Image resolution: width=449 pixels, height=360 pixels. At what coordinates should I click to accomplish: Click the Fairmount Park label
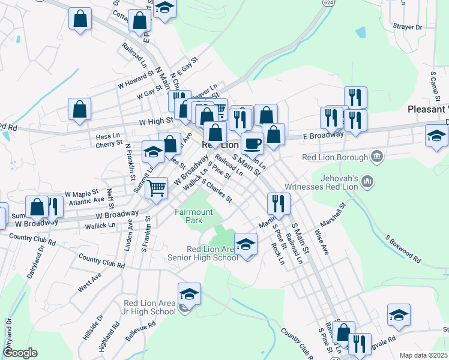[x=193, y=216]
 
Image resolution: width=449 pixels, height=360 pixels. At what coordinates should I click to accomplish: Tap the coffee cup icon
[x=252, y=143]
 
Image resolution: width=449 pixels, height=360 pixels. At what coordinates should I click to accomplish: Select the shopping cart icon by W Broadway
[x=157, y=187]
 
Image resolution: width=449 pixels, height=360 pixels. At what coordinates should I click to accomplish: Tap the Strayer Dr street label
[x=408, y=27]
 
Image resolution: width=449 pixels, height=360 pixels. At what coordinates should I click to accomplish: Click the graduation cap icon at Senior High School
[x=246, y=244]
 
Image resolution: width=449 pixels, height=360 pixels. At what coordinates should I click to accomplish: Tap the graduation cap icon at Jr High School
[x=190, y=293]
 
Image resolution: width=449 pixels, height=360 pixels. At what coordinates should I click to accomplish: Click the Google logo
[x=20, y=353]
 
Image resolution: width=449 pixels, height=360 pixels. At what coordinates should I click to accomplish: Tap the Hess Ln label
[x=108, y=137]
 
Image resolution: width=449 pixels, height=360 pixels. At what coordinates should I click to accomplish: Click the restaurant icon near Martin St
[x=279, y=203]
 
